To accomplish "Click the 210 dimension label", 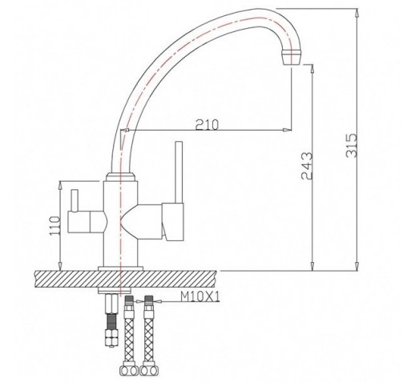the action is pyautogui.click(x=207, y=124).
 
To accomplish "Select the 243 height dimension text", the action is pyautogui.click(x=306, y=166).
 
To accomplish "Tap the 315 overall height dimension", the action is pyautogui.click(x=351, y=145).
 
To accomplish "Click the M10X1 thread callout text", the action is pyautogui.click(x=199, y=296).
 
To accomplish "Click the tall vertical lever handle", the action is pyautogui.click(x=179, y=172).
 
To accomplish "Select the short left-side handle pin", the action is pyautogui.click(x=75, y=200).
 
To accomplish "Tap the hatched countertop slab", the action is pyautogui.click(x=126, y=279).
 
